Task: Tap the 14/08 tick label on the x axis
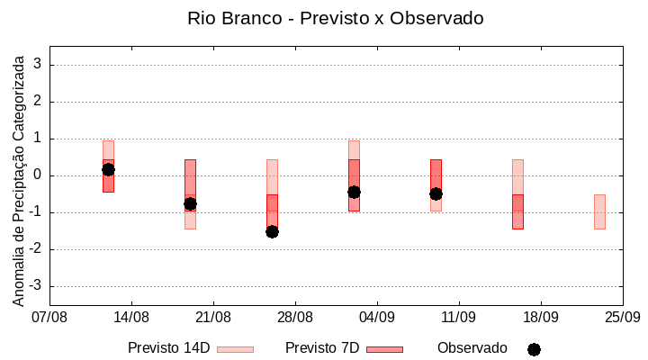tap(131, 317)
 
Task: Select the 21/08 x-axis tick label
tap(213, 317)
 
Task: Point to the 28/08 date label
tap(295, 317)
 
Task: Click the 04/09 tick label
tap(377, 317)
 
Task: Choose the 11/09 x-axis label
tap(459, 317)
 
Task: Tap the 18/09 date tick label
tap(541, 317)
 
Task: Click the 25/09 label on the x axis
tap(622, 317)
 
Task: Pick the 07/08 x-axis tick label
tap(50, 317)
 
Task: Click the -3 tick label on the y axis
tap(36, 286)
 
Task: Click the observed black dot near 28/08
tap(272, 231)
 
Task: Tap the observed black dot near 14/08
tap(108, 169)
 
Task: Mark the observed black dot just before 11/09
tap(436, 193)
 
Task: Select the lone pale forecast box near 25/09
tap(599, 211)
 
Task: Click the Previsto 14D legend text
tap(168, 348)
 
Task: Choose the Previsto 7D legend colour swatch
tap(384, 349)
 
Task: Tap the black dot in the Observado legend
tap(534, 349)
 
